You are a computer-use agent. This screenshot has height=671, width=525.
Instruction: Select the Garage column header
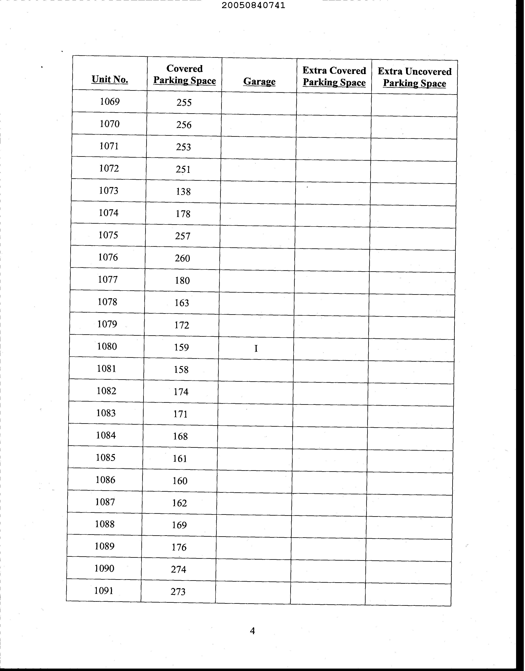point(259,81)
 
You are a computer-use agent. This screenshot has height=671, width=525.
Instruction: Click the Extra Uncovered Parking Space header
point(414,77)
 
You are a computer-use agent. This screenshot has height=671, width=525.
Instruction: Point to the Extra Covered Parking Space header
point(334,77)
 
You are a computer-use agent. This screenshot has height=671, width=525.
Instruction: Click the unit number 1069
point(110,102)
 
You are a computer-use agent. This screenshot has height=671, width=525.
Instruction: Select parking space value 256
point(184,125)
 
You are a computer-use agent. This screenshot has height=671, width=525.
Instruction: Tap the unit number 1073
point(109,191)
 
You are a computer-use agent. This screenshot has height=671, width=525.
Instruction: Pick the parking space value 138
point(183,191)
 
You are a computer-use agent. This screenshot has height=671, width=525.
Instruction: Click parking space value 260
point(182,258)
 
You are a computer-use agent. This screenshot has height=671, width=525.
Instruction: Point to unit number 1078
point(107,302)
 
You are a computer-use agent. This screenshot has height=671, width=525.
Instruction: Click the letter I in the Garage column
point(256,348)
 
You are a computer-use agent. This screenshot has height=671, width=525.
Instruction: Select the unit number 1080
point(107,346)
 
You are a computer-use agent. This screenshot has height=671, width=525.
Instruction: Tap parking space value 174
point(181,392)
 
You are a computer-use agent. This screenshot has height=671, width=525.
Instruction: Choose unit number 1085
point(106,458)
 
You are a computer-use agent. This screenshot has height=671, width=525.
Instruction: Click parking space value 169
point(179,525)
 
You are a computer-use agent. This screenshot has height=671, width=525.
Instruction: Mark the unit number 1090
point(104,569)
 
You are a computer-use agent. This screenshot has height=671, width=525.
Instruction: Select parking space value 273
point(178,592)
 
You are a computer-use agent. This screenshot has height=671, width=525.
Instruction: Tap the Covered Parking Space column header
point(185,74)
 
